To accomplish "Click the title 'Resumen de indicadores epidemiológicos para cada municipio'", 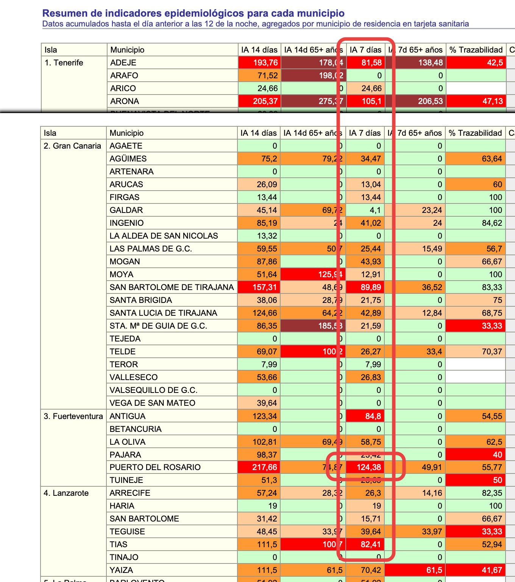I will point(193,13).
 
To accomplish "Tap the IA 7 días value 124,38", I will point(368,467).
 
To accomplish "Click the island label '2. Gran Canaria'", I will point(72,146).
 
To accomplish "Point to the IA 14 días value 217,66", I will point(264,467).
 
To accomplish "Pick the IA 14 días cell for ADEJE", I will point(265,63).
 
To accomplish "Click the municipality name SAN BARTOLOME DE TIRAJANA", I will point(172,287).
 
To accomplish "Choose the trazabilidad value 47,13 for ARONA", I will point(492,101).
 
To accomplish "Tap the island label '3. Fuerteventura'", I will point(73,416).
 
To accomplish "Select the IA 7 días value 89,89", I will point(370,287).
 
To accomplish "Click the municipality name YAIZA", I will point(121,570).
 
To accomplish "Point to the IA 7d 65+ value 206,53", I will point(430,101).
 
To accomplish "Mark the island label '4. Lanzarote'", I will point(66,493).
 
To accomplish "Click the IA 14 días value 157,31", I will point(264,287).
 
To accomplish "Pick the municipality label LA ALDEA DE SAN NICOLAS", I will point(164,236).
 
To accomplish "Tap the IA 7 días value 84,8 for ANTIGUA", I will point(373,416).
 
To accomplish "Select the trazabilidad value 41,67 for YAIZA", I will point(492,570).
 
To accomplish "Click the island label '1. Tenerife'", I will point(64,63).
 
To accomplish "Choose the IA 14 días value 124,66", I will point(264,313).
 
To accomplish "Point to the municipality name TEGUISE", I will point(127,532).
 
